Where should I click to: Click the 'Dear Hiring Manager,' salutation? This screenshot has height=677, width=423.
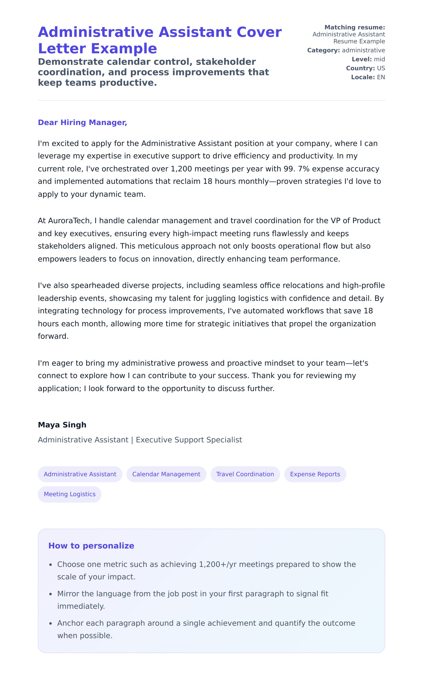tap(82, 122)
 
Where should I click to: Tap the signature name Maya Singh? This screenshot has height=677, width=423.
tap(62, 425)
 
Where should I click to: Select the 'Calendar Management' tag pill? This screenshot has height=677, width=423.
tap(166, 474)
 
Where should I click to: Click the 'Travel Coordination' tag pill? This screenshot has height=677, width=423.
tap(245, 474)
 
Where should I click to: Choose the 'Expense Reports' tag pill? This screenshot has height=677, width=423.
tap(315, 474)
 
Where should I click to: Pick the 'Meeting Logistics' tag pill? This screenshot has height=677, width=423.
tap(70, 494)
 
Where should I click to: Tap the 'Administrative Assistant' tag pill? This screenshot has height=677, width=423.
tap(80, 474)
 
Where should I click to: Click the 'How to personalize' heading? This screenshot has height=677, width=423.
tap(91, 546)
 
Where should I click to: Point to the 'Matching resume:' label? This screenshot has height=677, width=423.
tap(355, 27)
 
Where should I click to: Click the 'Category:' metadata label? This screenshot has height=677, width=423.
tap(323, 50)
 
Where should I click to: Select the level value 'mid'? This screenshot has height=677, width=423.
tap(379, 59)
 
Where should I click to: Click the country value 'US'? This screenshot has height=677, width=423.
tap(381, 68)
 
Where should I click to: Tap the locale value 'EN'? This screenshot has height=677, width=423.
tap(381, 77)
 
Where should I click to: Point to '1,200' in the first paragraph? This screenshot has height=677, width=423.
tap(181, 169)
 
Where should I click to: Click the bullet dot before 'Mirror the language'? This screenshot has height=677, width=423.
tap(51, 594)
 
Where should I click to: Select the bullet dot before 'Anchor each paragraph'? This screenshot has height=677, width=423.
tap(51, 623)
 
